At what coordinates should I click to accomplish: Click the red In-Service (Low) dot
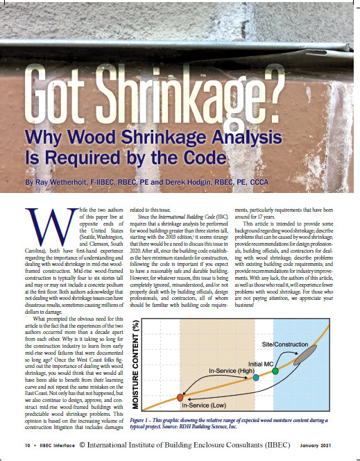[180, 398]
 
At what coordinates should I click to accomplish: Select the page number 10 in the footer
[28, 444]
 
